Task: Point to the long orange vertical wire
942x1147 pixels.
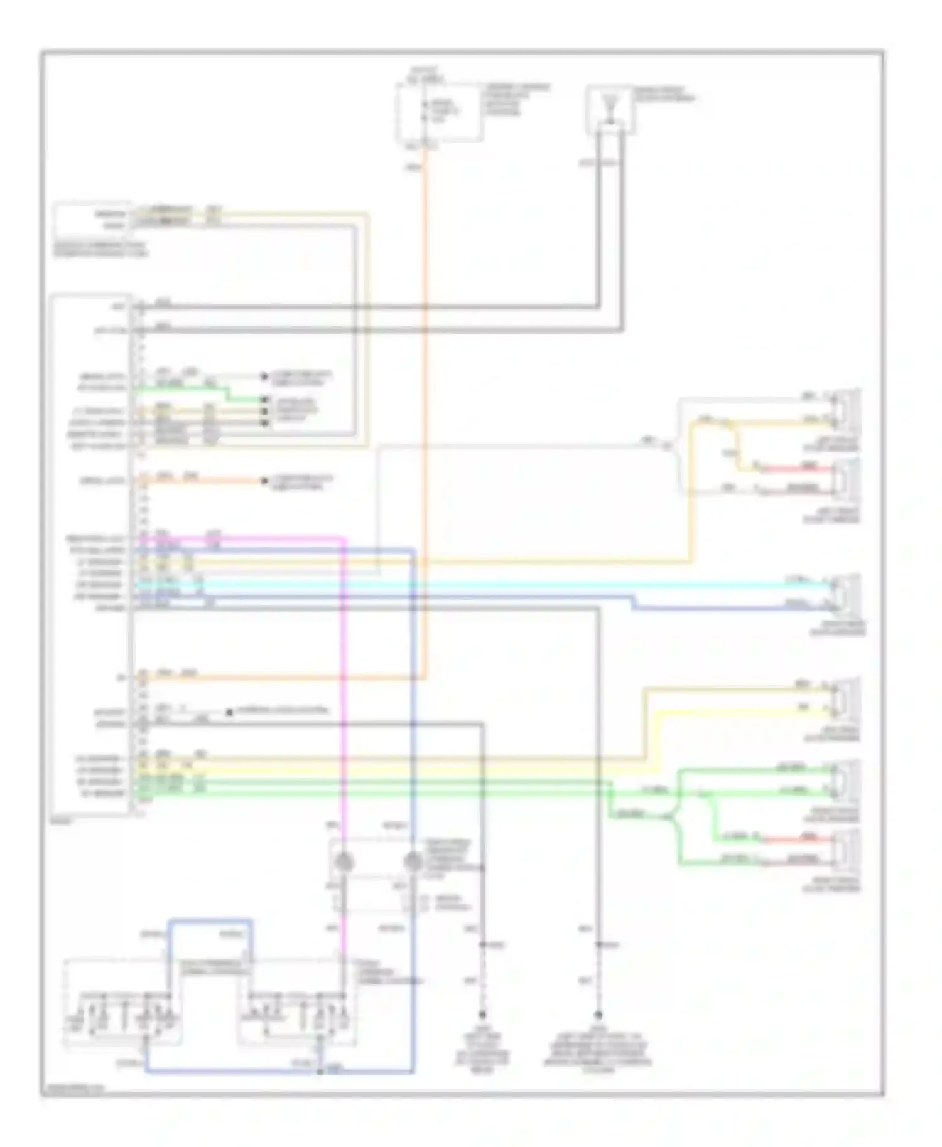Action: click(x=426, y=408)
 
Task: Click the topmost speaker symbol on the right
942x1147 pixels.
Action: click(x=844, y=408)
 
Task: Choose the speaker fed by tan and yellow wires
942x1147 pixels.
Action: click(x=844, y=698)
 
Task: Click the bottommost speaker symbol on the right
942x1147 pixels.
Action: click(x=844, y=850)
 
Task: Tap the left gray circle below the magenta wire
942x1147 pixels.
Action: click(x=344, y=863)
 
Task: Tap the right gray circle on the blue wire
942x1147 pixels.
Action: click(x=413, y=863)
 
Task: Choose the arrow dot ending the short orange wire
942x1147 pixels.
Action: click(x=264, y=481)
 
